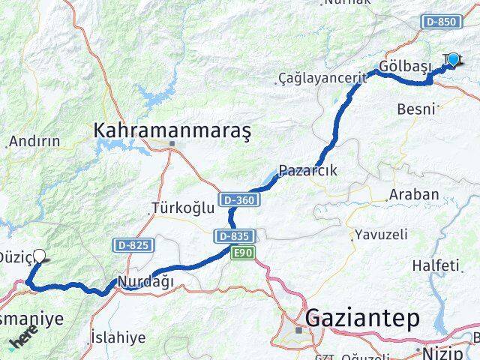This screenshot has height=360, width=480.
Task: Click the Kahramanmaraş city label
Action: (172, 130)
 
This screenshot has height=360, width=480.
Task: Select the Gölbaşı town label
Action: (406, 65)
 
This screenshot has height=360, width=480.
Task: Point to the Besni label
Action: (416, 109)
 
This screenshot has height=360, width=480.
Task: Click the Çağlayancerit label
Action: (322, 77)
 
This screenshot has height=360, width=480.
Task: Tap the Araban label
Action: (413, 194)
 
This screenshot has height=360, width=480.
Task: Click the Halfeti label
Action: (435, 265)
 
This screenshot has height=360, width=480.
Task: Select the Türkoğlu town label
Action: (182, 208)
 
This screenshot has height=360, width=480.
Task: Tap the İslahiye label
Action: (118, 337)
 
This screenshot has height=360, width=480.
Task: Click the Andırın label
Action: (34, 141)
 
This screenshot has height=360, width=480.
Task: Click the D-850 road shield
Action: (440, 22)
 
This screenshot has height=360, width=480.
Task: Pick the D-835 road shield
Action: (232, 236)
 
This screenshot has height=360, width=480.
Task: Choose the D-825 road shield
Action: (133, 244)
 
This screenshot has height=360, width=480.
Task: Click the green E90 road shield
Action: (242, 253)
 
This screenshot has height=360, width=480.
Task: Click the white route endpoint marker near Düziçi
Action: (39, 255)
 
